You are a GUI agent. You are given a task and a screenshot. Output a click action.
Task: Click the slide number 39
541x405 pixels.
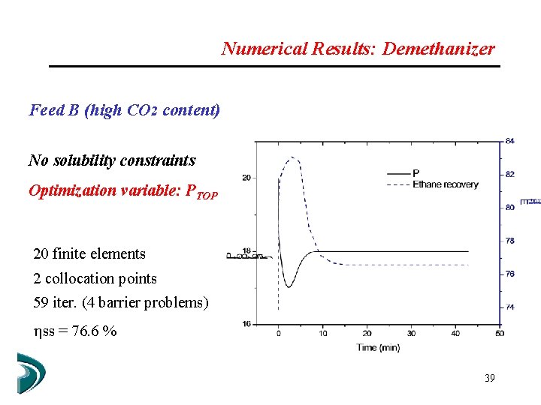[x=489, y=379]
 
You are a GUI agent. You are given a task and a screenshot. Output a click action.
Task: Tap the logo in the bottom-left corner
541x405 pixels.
[x=30, y=373]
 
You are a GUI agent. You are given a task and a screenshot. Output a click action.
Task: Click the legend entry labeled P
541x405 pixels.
[x=416, y=173]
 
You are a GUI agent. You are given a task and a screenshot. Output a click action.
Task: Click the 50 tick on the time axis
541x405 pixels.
[x=500, y=333]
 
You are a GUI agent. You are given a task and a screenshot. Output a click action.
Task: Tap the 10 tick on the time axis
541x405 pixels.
[x=322, y=333]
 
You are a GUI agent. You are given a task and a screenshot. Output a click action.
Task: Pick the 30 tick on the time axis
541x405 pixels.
[x=411, y=333]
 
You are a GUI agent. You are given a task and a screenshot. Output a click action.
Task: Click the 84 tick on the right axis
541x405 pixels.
[x=510, y=141]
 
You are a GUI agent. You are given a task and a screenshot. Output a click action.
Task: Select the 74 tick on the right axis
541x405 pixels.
[x=510, y=307]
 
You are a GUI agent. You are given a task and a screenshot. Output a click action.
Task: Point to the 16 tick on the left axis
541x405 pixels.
[x=246, y=323]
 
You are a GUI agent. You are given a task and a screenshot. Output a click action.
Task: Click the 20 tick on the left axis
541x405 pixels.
[x=246, y=178]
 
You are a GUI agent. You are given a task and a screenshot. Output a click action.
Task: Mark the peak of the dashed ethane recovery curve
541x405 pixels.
[x=292, y=157]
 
